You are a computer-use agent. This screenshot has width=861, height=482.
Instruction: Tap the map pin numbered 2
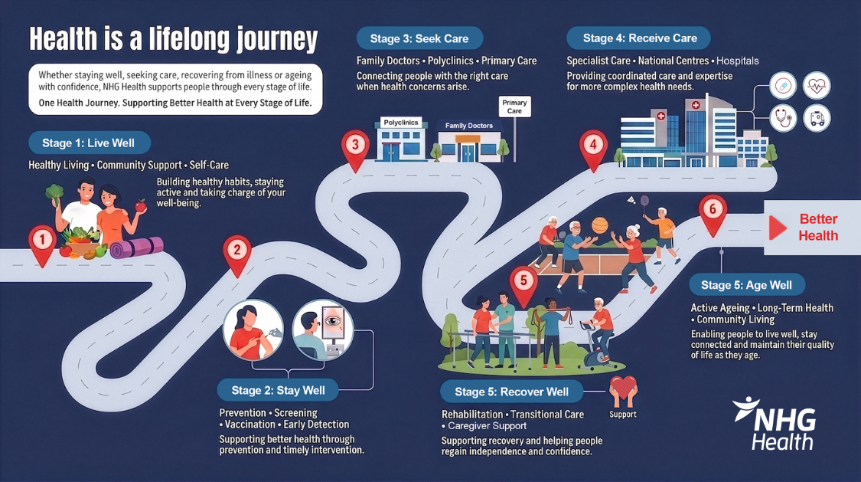[237, 254]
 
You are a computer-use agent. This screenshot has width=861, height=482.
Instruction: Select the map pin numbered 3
[355, 149]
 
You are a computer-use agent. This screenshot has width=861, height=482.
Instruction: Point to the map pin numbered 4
[593, 149]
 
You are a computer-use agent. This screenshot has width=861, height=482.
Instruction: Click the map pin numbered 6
[713, 214]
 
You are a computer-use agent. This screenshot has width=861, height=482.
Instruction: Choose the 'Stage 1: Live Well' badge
[90, 143]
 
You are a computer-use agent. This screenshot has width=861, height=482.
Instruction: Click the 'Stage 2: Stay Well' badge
[278, 390]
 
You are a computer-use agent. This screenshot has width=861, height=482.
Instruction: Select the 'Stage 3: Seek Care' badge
[419, 38]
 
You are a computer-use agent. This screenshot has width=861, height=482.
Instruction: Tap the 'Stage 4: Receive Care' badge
[639, 38]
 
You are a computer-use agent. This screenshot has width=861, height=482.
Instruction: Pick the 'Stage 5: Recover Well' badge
[511, 392]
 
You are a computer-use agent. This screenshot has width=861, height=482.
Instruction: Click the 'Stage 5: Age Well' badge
[747, 285]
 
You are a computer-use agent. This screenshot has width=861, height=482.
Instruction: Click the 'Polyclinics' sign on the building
[401, 123]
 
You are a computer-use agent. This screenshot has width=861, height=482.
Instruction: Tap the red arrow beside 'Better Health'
[777, 228]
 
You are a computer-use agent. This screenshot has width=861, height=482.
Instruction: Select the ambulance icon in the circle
[817, 118]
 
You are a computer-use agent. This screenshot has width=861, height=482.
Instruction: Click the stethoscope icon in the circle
[783, 118]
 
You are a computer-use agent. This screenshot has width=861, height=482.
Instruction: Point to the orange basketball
[600, 225]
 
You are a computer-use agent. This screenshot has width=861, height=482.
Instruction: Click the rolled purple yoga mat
[137, 248]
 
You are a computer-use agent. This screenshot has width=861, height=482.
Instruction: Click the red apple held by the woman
[141, 206]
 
